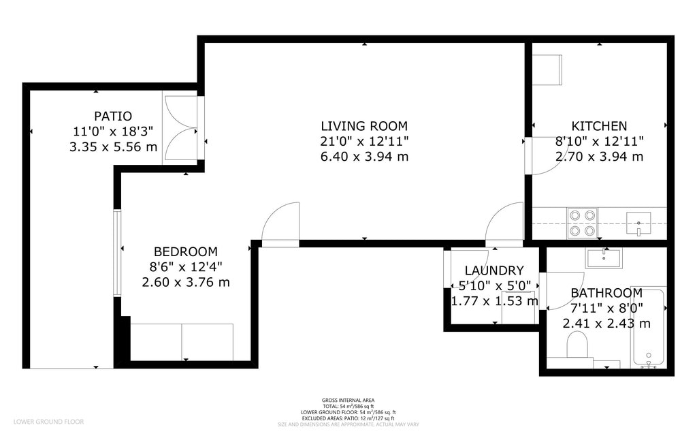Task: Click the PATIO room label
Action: click(113, 116)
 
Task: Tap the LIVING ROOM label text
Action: click(364, 126)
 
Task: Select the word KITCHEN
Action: click(599, 126)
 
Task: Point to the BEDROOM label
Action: click(185, 251)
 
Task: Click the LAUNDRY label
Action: click(494, 270)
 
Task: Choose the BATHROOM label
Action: click(606, 293)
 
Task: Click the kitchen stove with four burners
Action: click(582, 223)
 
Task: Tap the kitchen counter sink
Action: click(638, 222)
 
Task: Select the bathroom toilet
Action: click(577, 345)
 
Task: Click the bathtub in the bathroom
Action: click(648, 327)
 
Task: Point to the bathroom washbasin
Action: click(604, 258)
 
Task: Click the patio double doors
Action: click(181, 128)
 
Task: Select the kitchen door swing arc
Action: click(547, 156)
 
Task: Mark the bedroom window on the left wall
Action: click(117, 252)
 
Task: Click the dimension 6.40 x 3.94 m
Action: click(364, 157)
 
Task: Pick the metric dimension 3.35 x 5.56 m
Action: click(113, 146)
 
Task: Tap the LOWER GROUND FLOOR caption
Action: click(48, 422)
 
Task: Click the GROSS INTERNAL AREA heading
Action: click(348, 401)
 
